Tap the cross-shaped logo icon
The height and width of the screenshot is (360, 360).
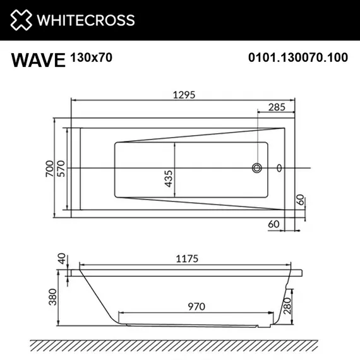tap(20, 20)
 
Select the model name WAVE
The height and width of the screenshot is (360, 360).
tap(39, 60)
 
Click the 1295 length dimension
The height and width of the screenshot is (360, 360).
tap(182, 95)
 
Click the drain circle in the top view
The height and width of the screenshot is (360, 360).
tap(258, 168)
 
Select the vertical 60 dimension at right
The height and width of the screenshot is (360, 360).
tap(303, 201)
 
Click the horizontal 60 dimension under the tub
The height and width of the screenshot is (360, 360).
tap(273, 223)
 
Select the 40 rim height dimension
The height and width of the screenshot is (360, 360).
tap(61, 258)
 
